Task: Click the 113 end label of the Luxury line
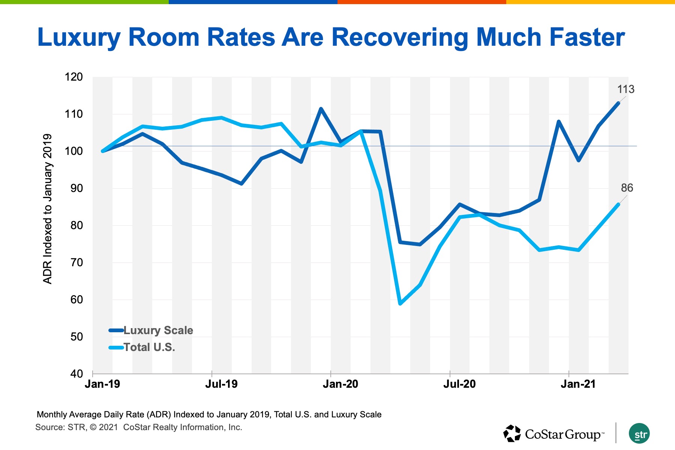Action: [625, 89]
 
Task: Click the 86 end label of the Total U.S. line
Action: [627, 188]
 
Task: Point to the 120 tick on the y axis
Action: [73, 77]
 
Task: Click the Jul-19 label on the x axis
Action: [221, 384]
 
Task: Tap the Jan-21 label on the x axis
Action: [578, 384]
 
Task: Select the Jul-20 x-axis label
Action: [459, 384]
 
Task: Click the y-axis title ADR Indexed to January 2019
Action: [48, 209]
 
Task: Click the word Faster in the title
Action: [587, 37]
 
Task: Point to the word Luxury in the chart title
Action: [79, 37]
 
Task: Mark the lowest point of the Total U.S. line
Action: [400, 303]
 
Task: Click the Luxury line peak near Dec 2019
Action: [321, 109]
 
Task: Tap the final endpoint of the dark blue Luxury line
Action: [618, 103]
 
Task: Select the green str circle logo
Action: [639, 434]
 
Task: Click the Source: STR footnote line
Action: [139, 427]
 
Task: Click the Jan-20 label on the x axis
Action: [340, 384]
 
